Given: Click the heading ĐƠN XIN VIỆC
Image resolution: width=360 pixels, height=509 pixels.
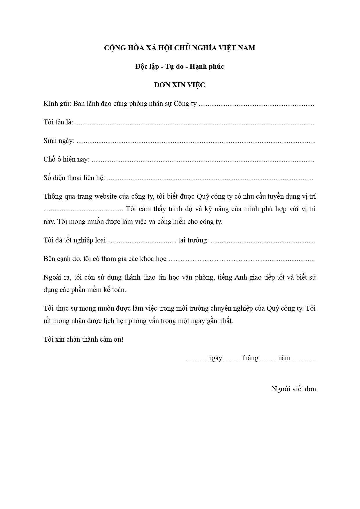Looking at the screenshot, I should tap(179, 85).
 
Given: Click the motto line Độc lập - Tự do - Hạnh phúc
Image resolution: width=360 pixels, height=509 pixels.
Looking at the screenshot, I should tap(179, 67).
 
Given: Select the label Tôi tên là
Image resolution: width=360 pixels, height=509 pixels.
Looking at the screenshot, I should tap(58, 122).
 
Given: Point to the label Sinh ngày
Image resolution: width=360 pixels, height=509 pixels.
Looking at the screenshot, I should tap(59, 141).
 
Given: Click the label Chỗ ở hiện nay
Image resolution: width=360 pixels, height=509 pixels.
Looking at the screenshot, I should tap(66, 160).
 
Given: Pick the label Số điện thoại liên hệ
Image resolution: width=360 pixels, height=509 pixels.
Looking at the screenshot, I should tap(74, 178).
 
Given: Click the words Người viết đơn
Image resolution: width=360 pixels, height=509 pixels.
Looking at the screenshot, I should tap(294, 389).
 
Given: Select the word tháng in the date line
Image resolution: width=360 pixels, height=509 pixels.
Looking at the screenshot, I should tap(250, 358).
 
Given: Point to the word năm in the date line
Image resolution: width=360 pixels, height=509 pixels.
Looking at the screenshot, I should tap(284, 358).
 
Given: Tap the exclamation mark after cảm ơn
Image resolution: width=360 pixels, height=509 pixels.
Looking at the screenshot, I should tap(122, 340).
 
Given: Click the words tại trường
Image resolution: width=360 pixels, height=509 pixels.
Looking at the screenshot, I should tap(193, 240).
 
